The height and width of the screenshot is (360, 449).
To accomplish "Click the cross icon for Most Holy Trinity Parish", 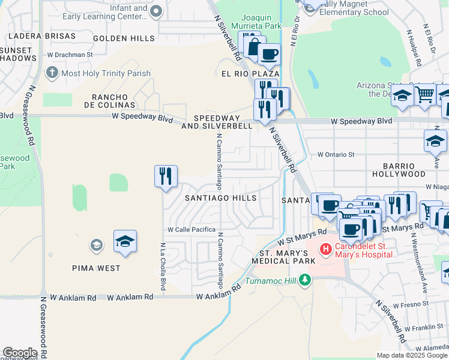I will (x=52, y=73).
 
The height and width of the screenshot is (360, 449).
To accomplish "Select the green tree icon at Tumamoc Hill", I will (x=306, y=280).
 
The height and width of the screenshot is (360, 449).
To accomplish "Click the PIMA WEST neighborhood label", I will (x=101, y=268).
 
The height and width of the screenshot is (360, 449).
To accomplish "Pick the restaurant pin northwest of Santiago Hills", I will (x=166, y=176).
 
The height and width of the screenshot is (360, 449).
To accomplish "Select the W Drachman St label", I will (x=70, y=55).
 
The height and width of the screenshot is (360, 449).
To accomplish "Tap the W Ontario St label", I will (x=336, y=154).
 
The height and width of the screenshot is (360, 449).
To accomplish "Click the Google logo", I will (x=20, y=353).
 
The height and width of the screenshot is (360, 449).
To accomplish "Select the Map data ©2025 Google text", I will (x=411, y=355).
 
